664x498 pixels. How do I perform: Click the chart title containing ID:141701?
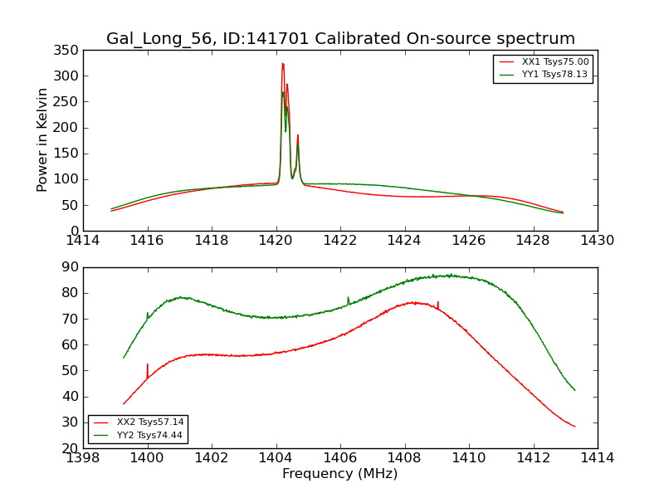click(340, 39)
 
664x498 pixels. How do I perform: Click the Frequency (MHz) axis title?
click(340, 474)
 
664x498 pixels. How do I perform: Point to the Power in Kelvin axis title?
click(43, 139)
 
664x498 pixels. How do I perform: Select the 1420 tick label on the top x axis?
click(276, 241)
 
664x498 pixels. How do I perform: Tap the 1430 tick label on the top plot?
click(597, 241)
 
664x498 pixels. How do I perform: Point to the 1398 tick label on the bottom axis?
click(83, 458)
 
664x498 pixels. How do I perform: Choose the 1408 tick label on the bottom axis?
click(404, 458)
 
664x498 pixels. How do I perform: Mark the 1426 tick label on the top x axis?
click(469, 241)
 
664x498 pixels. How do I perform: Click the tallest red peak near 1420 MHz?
click(282, 64)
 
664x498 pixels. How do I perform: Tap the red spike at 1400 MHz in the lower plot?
click(148, 366)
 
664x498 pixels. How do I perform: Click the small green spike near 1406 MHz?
click(348, 298)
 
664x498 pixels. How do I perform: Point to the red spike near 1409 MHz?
click(438, 304)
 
